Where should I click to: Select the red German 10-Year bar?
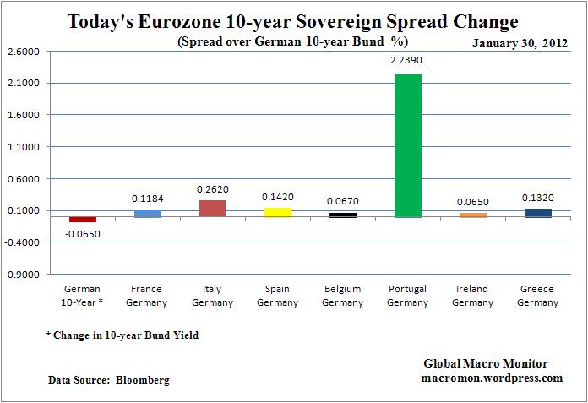pos(83,220)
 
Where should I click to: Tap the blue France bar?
pos(147,213)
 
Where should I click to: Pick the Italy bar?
pos(212,209)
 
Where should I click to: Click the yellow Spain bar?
pos(277,212)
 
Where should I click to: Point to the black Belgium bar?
pos(343,215)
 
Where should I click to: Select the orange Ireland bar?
pos(473,215)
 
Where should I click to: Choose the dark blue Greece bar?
pos(537,213)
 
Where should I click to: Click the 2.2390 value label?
pos(408,62)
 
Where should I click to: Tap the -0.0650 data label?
pos(83,233)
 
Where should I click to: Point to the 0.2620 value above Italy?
pos(212,190)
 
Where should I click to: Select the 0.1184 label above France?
pos(147,199)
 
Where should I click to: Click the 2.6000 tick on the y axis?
pos(23,52)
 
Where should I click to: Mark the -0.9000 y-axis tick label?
pos(23,275)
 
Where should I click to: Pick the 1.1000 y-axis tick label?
pos(23,147)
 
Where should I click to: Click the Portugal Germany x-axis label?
pos(408,296)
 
